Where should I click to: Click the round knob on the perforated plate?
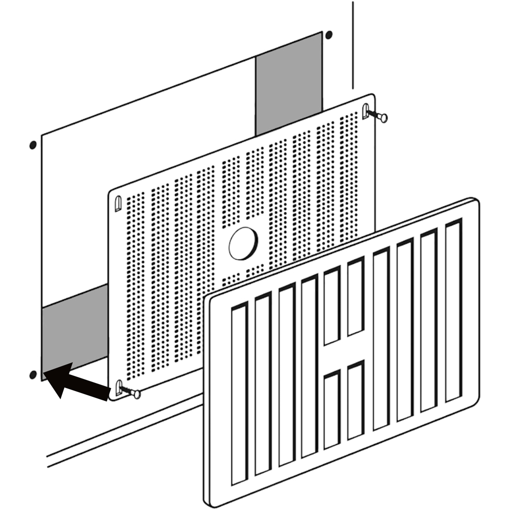click(x=243, y=243)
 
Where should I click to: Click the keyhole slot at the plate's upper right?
click(x=366, y=111)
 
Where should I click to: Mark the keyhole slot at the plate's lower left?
click(x=119, y=387)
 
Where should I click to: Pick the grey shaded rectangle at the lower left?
click(x=74, y=331)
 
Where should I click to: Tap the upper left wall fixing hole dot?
click(x=33, y=145)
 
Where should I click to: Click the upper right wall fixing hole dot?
click(x=328, y=35)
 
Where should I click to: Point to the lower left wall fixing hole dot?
click(x=33, y=375)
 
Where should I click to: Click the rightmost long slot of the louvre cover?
click(x=453, y=311)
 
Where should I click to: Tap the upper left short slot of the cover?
click(x=332, y=306)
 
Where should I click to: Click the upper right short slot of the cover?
click(x=355, y=297)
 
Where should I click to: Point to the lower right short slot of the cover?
click(x=355, y=400)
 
